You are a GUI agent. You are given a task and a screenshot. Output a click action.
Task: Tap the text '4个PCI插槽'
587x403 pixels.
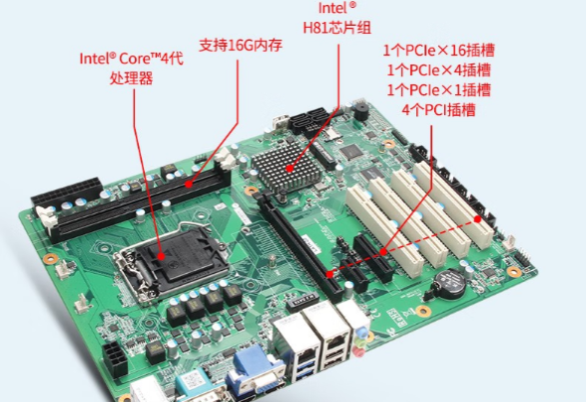click(434, 108)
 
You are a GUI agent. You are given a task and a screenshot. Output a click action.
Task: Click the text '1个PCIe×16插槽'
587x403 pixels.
click(434, 48)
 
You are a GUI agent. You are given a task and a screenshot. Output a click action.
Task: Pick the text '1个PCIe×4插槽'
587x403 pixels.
click(434, 68)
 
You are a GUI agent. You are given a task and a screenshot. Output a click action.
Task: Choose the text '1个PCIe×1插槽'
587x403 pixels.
click(434, 88)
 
